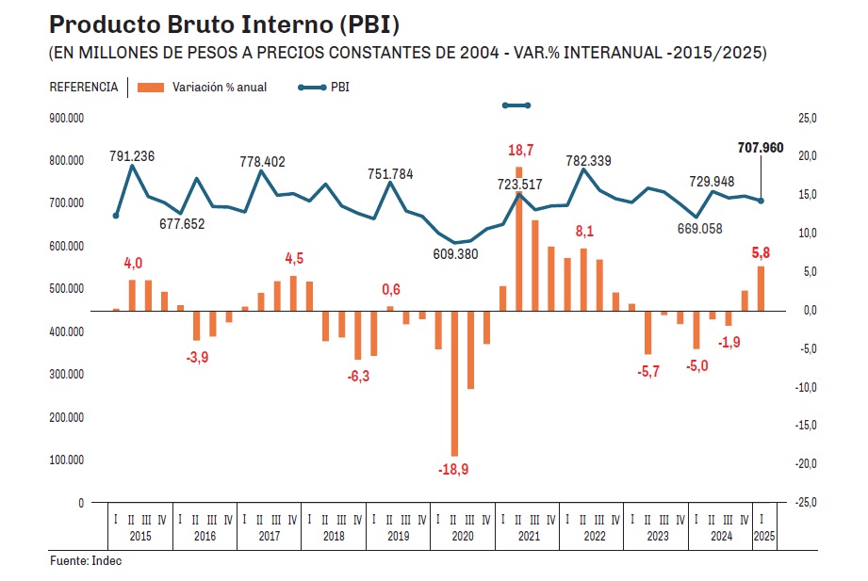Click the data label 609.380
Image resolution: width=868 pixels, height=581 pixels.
453,254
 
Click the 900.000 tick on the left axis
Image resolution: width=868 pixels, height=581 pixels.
66,118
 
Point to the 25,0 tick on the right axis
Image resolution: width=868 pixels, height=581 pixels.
808,118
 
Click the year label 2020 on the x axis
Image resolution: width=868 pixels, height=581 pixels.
462,536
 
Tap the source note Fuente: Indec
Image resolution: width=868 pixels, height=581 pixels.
86,561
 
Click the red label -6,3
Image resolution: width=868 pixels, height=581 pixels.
358,376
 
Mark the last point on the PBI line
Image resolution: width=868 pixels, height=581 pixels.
761,201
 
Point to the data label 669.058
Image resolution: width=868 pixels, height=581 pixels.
698,229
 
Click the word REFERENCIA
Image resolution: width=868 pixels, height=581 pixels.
84,88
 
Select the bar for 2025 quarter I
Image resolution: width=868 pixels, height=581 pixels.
761,288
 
